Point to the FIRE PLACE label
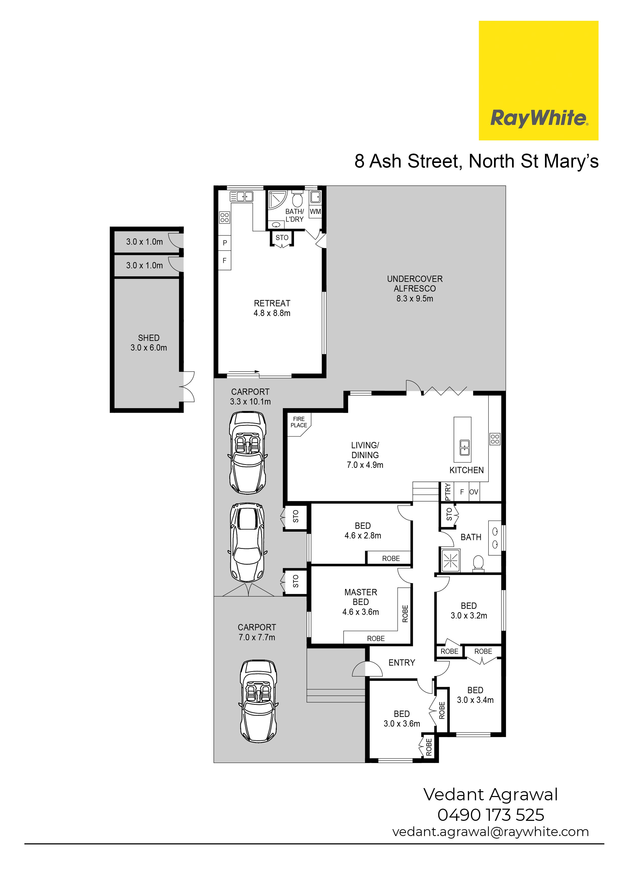point(299,422)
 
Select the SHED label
point(149,338)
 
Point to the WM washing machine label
point(316,212)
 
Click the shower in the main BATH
point(450,560)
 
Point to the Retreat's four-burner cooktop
point(224,217)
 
